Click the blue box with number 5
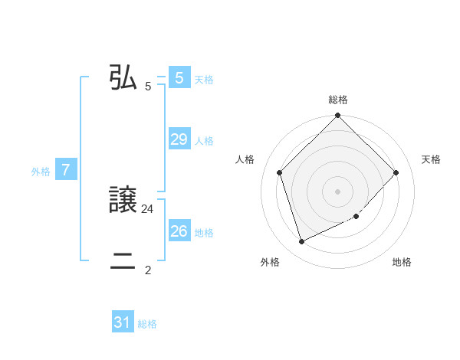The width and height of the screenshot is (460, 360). [179, 78]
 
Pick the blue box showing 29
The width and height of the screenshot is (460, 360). [179, 139]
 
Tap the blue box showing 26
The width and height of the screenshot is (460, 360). [179, 231]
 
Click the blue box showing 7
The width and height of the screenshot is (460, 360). [66, 171]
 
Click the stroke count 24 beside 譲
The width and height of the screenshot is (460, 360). [148, 208]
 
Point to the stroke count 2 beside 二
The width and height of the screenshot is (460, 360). [148, 270]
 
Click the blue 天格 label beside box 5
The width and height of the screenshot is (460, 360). [204, 80]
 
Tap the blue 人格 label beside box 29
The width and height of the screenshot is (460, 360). [204, 141]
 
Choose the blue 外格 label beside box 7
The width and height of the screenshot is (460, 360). [41, 172]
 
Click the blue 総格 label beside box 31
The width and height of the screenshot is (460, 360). [147, 325]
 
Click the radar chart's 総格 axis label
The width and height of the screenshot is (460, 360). [338, 100]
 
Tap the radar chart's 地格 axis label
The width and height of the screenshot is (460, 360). [402, 262]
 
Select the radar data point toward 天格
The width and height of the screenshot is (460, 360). [396, 172]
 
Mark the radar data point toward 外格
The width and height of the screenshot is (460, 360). [302, 241]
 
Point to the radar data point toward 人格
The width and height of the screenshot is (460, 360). [280, 172]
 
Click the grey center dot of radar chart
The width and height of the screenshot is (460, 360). [338, 191]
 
